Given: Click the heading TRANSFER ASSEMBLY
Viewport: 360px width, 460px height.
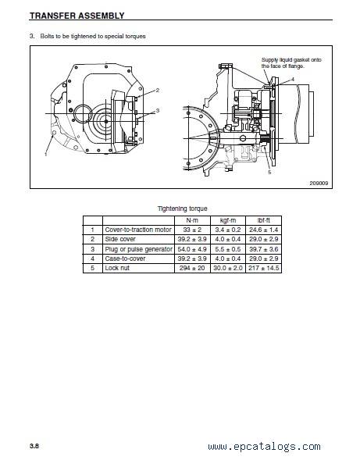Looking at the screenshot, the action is pos(77,16).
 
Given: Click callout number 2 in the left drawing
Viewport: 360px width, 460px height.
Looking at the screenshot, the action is pos(158,91).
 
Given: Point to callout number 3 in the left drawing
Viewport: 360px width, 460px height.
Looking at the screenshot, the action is pos(158,111).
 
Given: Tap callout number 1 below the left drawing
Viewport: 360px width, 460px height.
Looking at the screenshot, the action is pos(46,154).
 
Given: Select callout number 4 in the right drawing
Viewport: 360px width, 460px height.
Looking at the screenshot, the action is pos(293,80).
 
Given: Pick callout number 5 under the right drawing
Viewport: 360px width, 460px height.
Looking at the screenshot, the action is pos(269,172).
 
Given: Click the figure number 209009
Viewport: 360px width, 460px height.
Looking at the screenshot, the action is pos(319,183).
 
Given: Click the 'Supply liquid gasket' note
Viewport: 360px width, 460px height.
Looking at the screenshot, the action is pos(291,63).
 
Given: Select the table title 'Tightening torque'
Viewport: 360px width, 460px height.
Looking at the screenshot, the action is pos(182,209).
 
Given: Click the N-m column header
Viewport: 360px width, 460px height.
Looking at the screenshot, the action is pos(192,220).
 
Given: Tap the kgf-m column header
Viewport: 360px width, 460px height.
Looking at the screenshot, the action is pos(228,220).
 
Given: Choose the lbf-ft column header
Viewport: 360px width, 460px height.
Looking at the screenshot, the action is pos(263,220).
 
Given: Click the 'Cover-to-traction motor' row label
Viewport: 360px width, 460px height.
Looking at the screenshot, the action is pos(138,230).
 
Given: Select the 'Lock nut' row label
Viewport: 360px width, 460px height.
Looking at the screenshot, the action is pos(117,268).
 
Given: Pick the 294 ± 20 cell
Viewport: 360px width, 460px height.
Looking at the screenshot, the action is pos(192,268).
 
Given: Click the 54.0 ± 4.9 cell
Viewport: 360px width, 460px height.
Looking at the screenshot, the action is pos(192,249).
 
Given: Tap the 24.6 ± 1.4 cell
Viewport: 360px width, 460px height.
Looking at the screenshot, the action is pos(263,230).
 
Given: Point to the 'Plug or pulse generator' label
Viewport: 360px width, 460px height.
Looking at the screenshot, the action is pos(138,249).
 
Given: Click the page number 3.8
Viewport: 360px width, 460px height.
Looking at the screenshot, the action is pos(34,446).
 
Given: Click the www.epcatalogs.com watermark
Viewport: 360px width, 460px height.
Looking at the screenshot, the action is pos(265,447).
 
